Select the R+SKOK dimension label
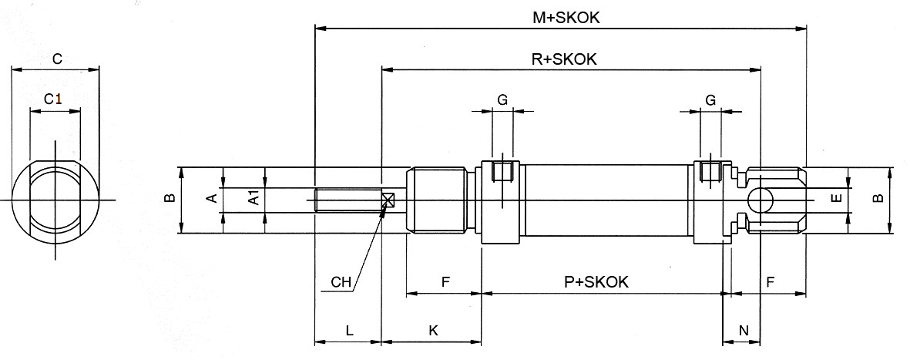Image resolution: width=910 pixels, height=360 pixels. [565, 59]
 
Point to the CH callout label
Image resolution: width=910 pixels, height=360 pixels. [341, 282]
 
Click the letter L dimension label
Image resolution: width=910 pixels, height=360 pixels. [349, 331]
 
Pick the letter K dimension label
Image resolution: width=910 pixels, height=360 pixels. [433, 331]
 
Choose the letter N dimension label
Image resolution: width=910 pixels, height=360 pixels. [744, 331]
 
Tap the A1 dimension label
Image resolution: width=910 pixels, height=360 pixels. [253, 200]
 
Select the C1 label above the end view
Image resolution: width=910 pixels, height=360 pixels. [52, 99]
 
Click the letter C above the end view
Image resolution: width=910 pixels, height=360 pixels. [56, 59]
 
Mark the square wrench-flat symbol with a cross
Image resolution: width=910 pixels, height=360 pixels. [388, 200]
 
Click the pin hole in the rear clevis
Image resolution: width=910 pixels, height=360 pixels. [762, 200]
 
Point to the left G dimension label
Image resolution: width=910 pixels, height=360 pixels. [502, 99]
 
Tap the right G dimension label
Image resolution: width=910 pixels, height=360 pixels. [710, 99]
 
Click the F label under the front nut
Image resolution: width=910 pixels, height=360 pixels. [445, 282]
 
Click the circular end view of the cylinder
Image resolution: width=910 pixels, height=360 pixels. [55, 200]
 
